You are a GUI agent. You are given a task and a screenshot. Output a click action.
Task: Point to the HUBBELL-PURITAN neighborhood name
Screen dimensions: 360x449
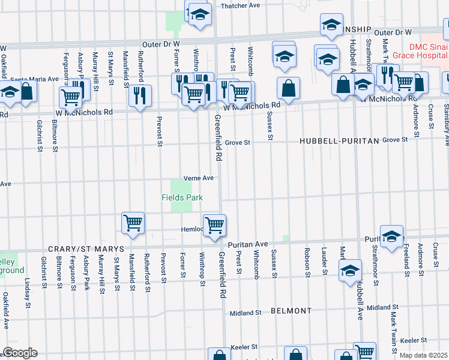click(x=340, y=140)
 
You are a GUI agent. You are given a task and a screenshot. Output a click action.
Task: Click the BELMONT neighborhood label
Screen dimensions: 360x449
click(x=291, y=311)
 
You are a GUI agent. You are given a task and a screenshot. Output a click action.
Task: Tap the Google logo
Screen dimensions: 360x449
click(x=19, y=353)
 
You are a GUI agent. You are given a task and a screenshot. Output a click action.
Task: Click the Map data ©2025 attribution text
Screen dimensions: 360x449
click(x=424, y=355)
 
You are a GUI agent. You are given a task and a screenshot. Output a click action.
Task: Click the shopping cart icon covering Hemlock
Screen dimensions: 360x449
click(x=214, y=225)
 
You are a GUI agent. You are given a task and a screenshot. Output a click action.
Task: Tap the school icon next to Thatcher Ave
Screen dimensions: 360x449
click(x=199, y=14)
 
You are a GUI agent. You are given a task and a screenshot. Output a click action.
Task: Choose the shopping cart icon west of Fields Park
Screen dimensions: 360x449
click(x=133, y=223)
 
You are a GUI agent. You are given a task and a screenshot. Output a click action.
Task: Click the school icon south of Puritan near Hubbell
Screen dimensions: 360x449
click(x=351, y=269)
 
